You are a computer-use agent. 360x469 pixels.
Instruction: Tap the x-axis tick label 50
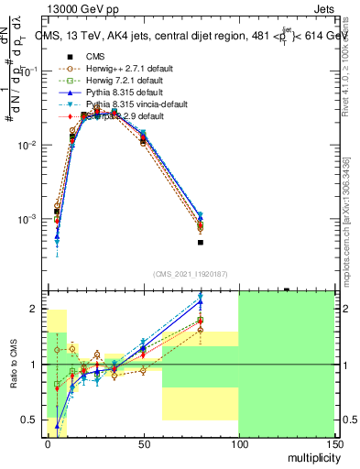coord(143,443)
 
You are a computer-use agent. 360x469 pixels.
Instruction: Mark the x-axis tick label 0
coord(48,443)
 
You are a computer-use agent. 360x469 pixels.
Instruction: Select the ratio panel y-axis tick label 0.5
coord(30,420)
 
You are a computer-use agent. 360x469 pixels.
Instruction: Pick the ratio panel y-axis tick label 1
coord(34,365)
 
